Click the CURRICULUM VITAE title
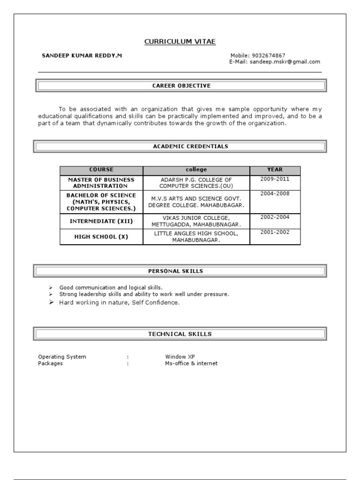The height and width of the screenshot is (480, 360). click(x=180, y=42)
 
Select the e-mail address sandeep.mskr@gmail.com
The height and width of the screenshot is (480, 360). click(x=285, y=61)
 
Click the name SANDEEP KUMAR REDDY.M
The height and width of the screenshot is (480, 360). click(x=82, y=55)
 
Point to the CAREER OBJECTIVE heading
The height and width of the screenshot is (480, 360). click(x=181, y=86)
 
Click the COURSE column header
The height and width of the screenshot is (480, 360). click(x=101, y=170)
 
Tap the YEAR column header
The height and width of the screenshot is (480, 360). click(x=275, y=170)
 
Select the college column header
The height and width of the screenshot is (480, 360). click(x=196, y=170)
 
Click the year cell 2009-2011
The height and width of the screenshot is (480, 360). click(x=275, y=179)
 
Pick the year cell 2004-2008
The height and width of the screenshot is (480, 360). click(x=275, y=193)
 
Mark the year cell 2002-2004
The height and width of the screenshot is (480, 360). click(x=275, y=217)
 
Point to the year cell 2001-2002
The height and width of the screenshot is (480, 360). click(x=275, y=232)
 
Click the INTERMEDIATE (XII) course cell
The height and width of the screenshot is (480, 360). click(x=101, y=221)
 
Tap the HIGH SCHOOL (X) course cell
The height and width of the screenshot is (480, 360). click(x=101, y=237)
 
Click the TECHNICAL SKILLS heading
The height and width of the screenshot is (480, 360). click(x=180, y=334)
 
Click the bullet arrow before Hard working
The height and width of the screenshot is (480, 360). click(x=51, y=303)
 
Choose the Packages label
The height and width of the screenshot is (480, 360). click(x=50, y=363)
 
